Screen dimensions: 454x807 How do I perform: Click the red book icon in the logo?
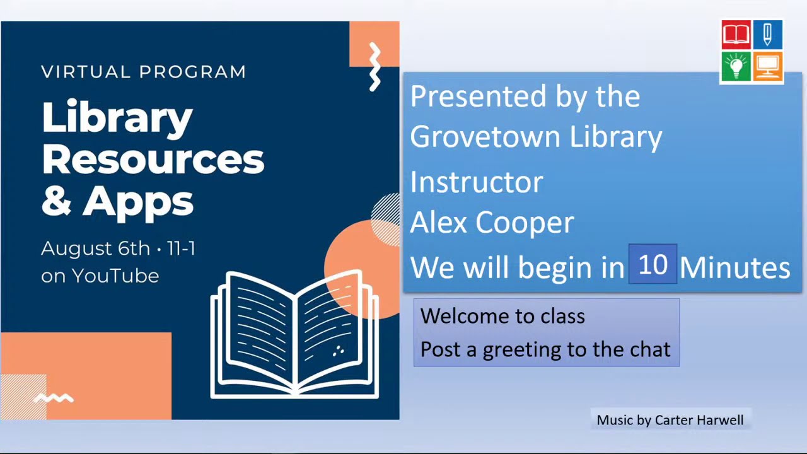point(736,35)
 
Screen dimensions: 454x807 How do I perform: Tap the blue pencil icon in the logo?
point(767,35)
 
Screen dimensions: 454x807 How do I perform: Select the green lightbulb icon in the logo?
point(736,66)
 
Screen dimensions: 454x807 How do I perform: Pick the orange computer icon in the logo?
point(767,66)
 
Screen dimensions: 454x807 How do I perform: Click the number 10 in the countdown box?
point(653,265)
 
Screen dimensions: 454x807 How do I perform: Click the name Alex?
point(439,222)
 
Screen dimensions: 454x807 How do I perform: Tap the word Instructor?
point(476,182)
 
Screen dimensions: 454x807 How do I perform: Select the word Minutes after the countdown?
point(734,267)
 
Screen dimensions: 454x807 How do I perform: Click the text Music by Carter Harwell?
point(670,420)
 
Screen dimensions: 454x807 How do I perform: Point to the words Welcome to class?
point(502,316)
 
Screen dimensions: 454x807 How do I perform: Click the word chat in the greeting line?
point(650,349)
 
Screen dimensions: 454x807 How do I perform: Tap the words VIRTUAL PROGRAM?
point(144,72)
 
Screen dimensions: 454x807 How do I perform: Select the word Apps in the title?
point(138,201)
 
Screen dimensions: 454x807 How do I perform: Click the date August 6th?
point(95,248)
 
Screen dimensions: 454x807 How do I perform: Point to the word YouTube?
point(115,276)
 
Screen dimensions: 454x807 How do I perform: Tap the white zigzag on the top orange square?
point(375,66)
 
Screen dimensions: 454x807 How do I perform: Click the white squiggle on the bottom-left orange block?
point(54,398)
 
